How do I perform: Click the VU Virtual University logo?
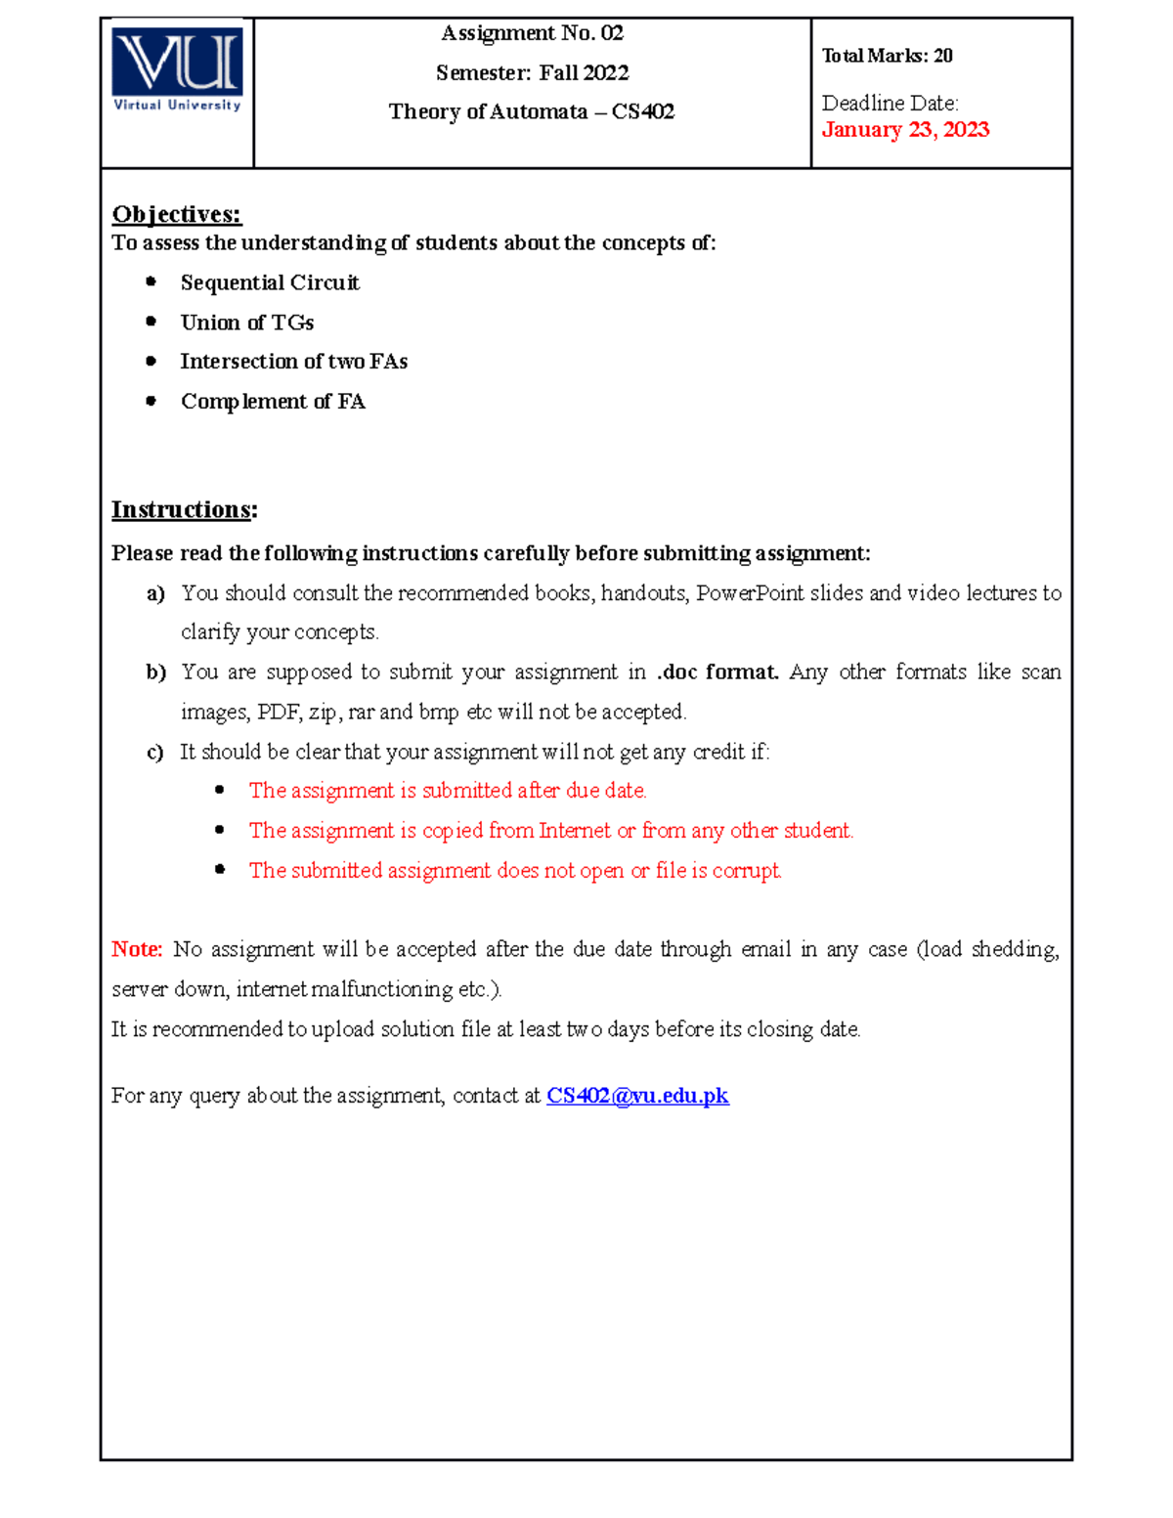pyautogui.click(x=177, y=70)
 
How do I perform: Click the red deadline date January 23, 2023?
pyautogui.click(x=905, y=130)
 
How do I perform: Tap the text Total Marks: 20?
pyautogui.click(x=887, y=56)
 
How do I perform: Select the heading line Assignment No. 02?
pyautogui.click(x=532, y=33)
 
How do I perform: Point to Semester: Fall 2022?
pyautogui.click(x=532, y=73)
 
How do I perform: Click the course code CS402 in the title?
pyautogui.click(x=642, y=111)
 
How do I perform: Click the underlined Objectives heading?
pyautogui.click(x=176, y=214)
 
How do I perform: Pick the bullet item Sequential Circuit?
pyautogui.click(x=270, y=282)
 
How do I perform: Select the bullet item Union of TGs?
pyautogui.click(x=247, y=323)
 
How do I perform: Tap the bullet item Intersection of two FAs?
pyautogui.click(x=293, y=362)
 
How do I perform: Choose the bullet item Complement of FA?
pyautogui.click(x=273, y=402)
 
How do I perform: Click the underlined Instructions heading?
pyautogui.click(x=183, y=510)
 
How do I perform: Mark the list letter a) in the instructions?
pyautogui.click(x=155, y=593)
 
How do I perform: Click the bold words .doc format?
pyautogui.click(x=717, y=672)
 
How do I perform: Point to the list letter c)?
pyautogui.click(x=154, y=753)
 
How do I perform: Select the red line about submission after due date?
pyautogui.click(x=447, y=791)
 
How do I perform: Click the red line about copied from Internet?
pyautogui.click(x=550, y=831)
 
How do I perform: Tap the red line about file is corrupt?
pyautogui.click(x=514, y=871)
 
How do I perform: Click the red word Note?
pyautogui.click(x=136, y=949)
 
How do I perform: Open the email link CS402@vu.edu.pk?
pyautogui.click(x=637, y=1096)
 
